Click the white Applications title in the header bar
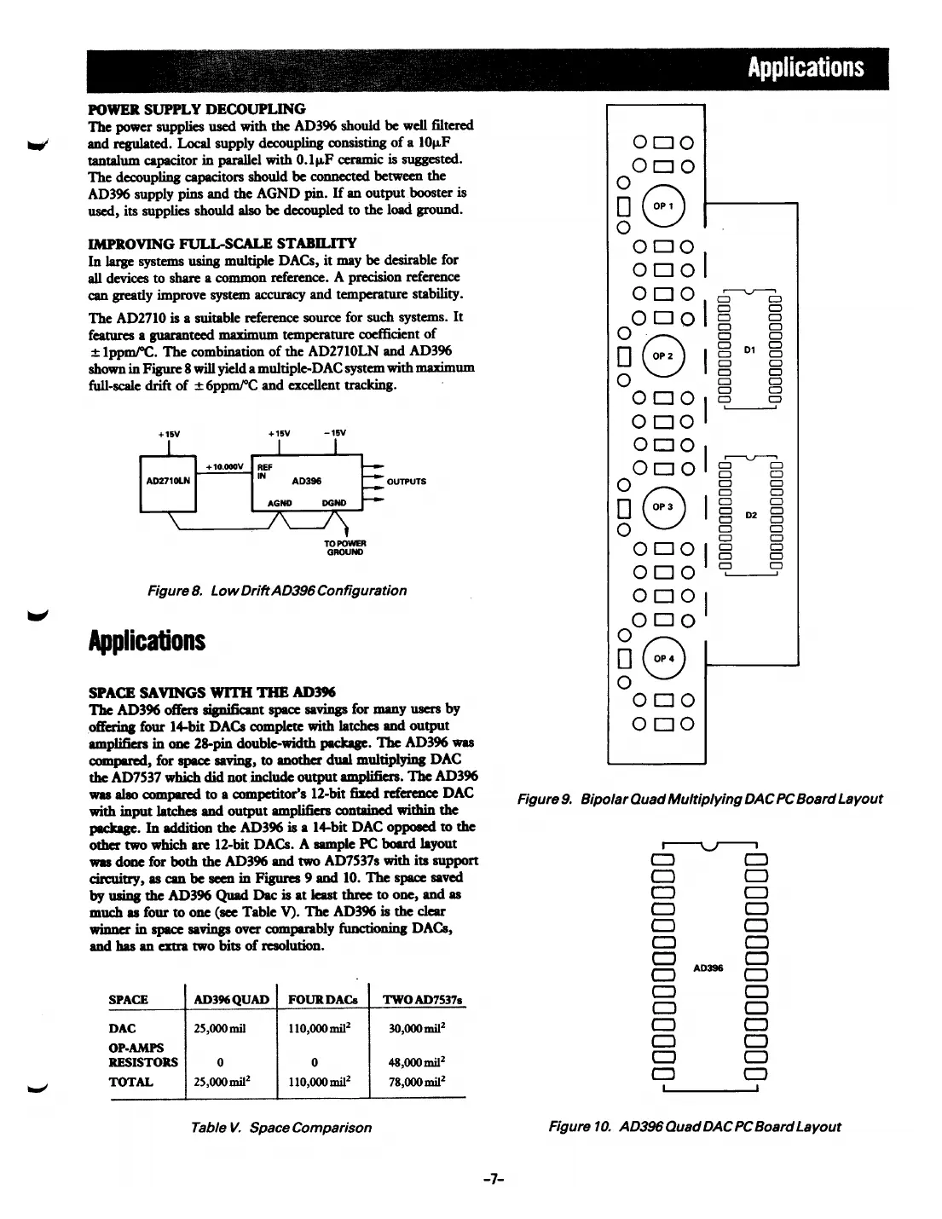click(x=805, y=68)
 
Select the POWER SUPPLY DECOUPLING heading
click(x=197, y=109)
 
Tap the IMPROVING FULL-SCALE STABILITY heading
click(x=222, y=243)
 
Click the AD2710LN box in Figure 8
click(x=168, y=480)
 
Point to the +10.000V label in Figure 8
click(x=225, y=467)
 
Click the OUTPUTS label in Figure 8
click(x=407, y=481)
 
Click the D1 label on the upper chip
click(x=750, y=349)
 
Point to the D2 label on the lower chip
click(x=750, y=516)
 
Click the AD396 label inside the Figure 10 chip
click(x=708, y=968)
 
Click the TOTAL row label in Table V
click(x=131, y=1082)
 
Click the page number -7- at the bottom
click(x=495, y=1179)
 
